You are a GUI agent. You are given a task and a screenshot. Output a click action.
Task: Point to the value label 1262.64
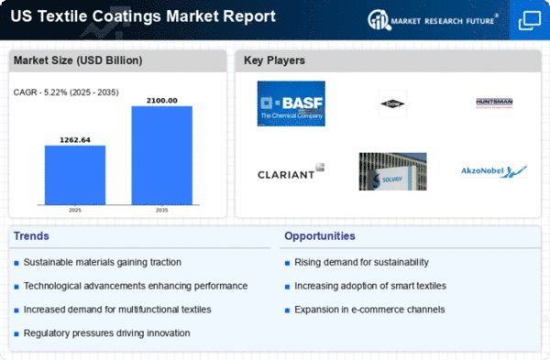[75, 139]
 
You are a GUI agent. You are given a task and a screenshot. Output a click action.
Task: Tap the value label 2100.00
[161, 100]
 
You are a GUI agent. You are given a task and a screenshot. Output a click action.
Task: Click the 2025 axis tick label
[75, 210]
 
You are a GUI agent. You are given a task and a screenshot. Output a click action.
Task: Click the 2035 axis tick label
[161, 210]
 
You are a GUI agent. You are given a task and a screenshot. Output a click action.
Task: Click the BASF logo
[291, 104]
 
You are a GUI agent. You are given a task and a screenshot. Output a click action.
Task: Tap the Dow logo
[392, 104]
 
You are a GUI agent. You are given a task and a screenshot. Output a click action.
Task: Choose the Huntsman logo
[495, 104]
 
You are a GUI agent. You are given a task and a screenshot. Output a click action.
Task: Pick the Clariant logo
[291, 171]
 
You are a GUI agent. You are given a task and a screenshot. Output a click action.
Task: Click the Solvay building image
[392, 171]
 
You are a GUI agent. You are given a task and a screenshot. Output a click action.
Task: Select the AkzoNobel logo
[495, 171]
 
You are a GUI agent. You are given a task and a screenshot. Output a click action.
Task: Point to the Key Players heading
[275, 61]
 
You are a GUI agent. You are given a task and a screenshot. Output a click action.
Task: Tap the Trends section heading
[33, 236]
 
